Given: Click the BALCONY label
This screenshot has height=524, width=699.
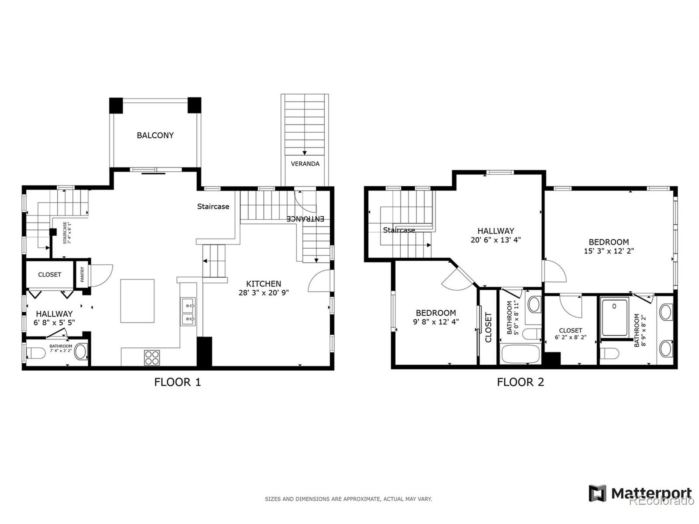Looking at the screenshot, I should (155, 135).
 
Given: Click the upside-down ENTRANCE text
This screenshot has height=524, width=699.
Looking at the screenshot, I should (305, 219).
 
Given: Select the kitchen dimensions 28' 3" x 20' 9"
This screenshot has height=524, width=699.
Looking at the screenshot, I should (263, 293).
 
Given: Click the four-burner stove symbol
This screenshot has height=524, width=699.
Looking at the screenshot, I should (152, 358).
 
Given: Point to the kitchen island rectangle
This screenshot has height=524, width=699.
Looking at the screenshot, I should (137, 301).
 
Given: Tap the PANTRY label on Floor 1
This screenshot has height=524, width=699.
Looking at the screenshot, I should (82, 274).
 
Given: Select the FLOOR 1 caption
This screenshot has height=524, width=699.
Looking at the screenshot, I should (177, 382).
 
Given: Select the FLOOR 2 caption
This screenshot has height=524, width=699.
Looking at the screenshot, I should (520, 382).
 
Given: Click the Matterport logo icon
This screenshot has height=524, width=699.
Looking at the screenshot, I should (597, 493).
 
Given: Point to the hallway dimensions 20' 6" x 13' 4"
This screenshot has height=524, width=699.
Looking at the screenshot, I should (496, 240).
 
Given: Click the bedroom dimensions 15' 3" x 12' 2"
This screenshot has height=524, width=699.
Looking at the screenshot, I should (609, 251).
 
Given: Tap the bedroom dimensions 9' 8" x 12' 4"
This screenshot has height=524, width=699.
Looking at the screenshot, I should (436, 322).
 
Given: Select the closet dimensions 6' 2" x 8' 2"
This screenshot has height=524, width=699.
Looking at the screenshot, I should (570, 337).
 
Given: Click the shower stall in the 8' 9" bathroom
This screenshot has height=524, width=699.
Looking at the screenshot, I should (615, 317).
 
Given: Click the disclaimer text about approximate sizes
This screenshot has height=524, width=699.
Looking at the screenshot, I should (348, 499).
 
